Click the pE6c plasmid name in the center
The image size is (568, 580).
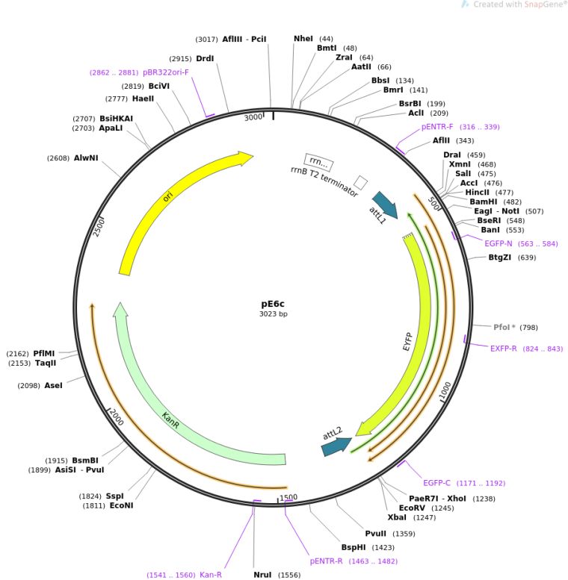274,304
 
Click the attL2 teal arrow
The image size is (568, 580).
336,446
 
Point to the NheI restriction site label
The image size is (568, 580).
303,39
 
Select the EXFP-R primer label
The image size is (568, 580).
504,349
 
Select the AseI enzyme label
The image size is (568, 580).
54,385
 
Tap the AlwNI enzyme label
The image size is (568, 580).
86,158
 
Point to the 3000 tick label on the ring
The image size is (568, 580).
253,117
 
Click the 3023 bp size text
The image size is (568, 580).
274,314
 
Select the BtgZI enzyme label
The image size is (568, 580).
501,258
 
